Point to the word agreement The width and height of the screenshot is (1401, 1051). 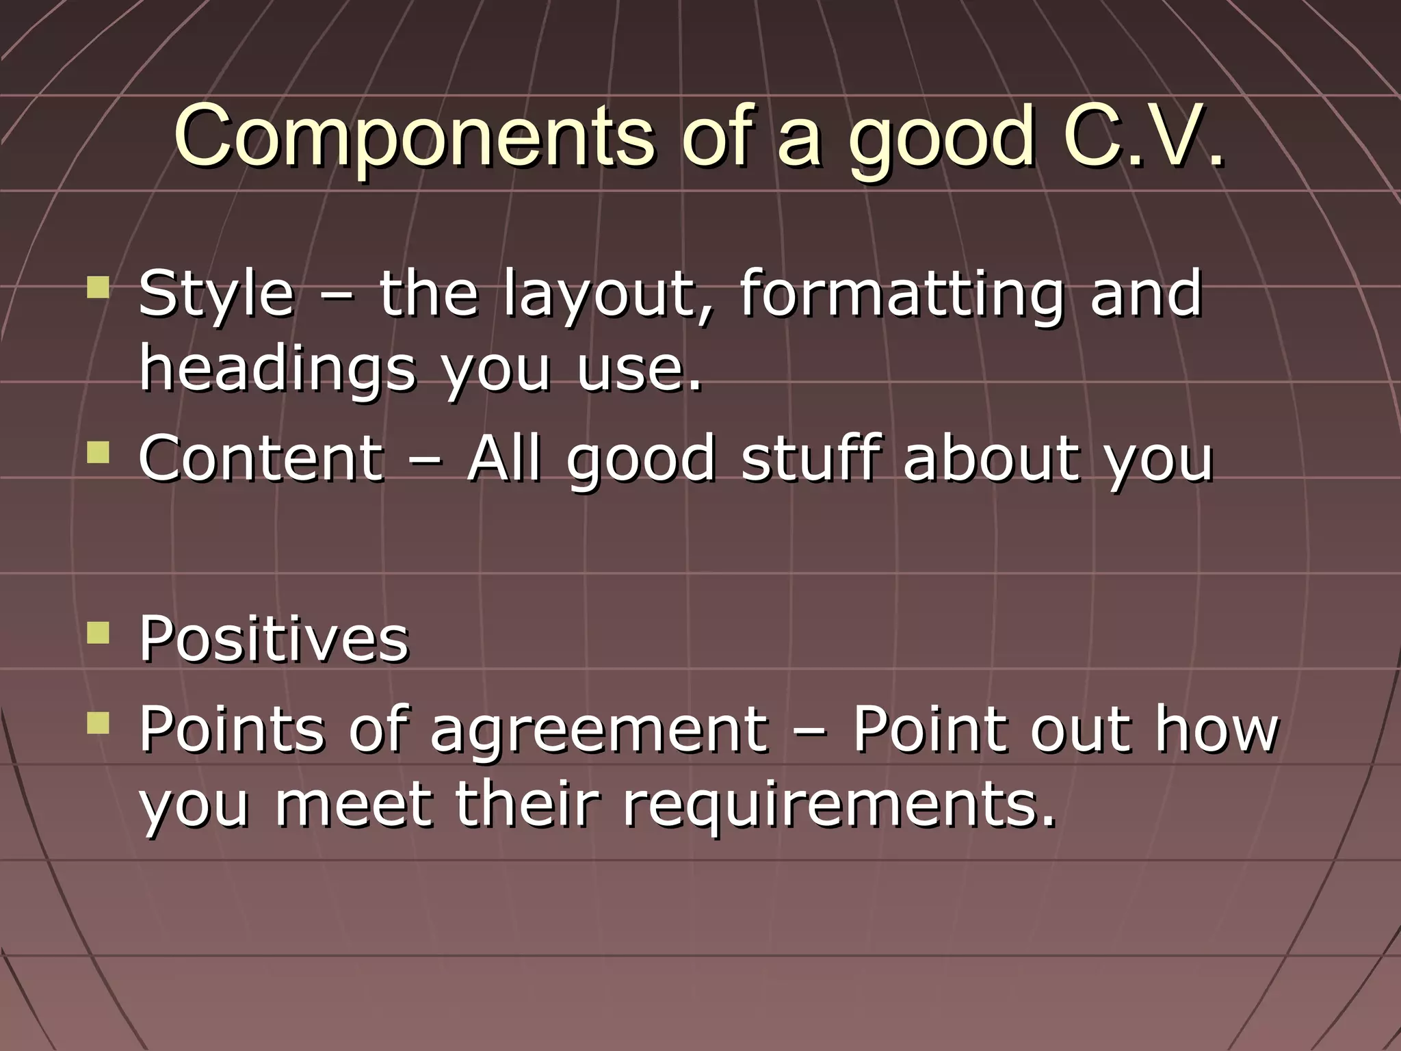[599, 729]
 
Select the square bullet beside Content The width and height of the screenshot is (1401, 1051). [99, 452]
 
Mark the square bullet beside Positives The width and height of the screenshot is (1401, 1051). [99, 632]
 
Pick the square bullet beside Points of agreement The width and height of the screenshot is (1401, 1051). [99, 723]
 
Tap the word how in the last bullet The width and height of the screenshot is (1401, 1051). [1216, 729]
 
